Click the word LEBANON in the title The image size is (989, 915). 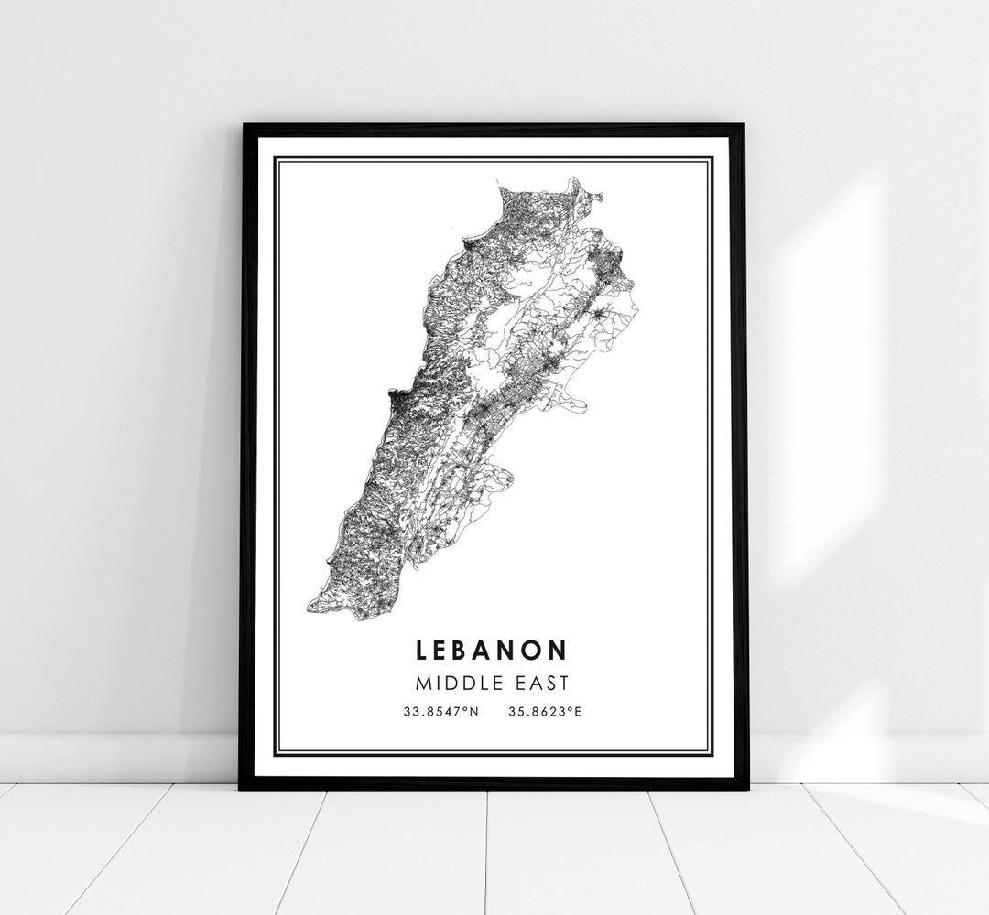coord(491,650)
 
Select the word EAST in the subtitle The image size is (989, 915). coord(540,682)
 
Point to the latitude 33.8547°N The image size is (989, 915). coord(439,710)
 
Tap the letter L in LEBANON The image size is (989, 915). coord(421,650)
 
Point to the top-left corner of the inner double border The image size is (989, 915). coord(276,158)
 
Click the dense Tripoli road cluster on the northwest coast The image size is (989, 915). coord(472,245)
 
